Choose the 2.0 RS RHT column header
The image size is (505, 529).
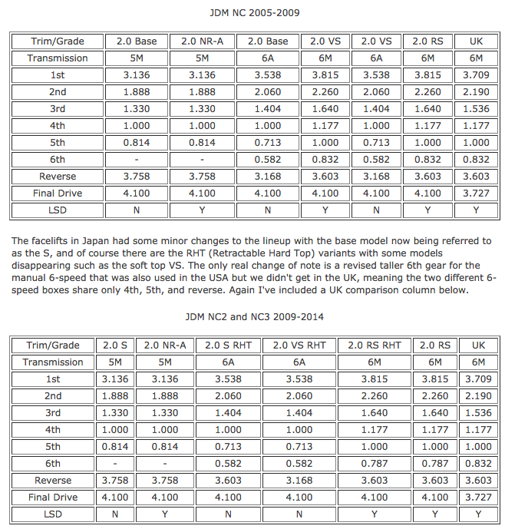pos(375,346)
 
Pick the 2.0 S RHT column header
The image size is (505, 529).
pos(229,346)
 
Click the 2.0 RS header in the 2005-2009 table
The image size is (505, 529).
pos(427,41)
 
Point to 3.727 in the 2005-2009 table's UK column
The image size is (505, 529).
pos(476,193)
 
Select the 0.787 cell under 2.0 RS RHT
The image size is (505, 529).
pos(375,464)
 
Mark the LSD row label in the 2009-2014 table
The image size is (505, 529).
pos(53,514)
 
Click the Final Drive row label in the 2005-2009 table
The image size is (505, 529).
pos(58,193)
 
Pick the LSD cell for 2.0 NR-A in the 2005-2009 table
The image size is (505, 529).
pos(202,210)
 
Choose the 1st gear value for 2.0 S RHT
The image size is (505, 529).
pos(229,379)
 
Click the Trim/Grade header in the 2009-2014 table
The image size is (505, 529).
pos(53,346)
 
